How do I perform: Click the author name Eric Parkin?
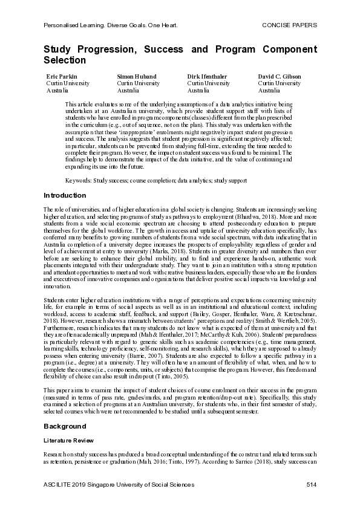(61, 77)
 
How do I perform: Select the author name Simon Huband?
(136, 77)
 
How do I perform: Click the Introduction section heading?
(65, 195)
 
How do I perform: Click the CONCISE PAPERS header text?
(289, 25)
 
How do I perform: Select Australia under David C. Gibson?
(269, 90)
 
